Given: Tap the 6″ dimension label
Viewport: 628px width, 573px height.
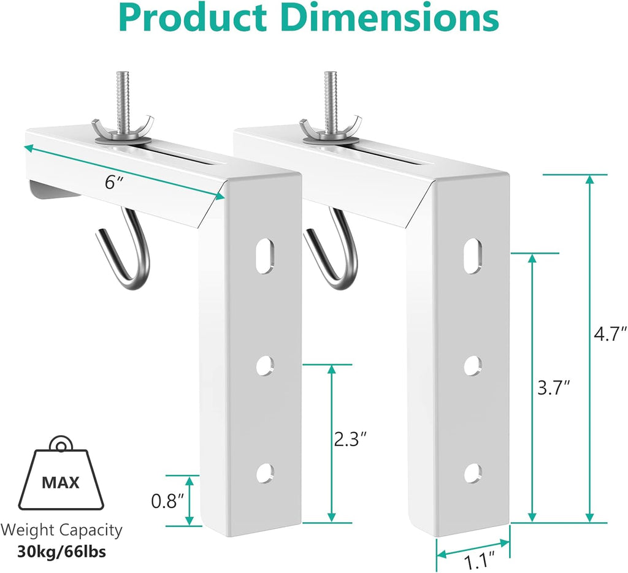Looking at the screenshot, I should click(x=110, y=182).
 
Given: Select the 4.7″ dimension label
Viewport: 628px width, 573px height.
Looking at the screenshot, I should click(x=611, y=336).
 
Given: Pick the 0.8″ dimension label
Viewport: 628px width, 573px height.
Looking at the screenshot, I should click(x=167, y=501).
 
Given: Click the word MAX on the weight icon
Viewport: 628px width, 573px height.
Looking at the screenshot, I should click(x=61, y=482).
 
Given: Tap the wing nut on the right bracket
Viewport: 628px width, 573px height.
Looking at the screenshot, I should click(x=320, y=129).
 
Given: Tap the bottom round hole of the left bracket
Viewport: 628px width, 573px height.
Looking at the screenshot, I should click(x=264, y=472).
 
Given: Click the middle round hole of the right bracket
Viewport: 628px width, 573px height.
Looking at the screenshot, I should click(x=472, y=365).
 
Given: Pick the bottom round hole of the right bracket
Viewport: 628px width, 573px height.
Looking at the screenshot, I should click(x=472, y=472).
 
